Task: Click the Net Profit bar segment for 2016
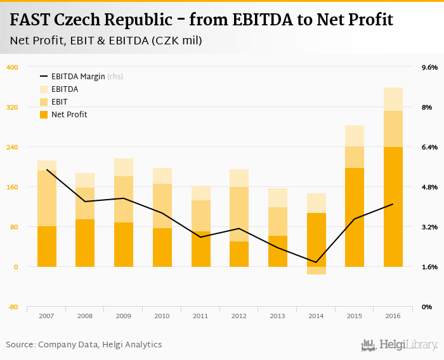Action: (393, 207)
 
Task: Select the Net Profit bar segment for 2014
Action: (316, 240)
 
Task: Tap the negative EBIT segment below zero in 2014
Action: (316, 271)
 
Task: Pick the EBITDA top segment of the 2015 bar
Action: (355, 136)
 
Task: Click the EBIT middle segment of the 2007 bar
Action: (47, 198)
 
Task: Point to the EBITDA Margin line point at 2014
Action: (316, 262)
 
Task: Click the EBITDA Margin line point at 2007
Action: (47, 169)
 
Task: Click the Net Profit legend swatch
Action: (44, 115)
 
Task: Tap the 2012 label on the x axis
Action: (239, 316)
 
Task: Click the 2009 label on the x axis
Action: (123, 316)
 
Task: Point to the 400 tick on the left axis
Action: (12, 67)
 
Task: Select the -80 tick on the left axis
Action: (12, 307)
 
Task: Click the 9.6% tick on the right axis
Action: (429, 67)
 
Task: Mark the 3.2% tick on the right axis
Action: (429, 227)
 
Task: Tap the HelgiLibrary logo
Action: (399, 345)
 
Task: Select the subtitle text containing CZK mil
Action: (106, 41)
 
